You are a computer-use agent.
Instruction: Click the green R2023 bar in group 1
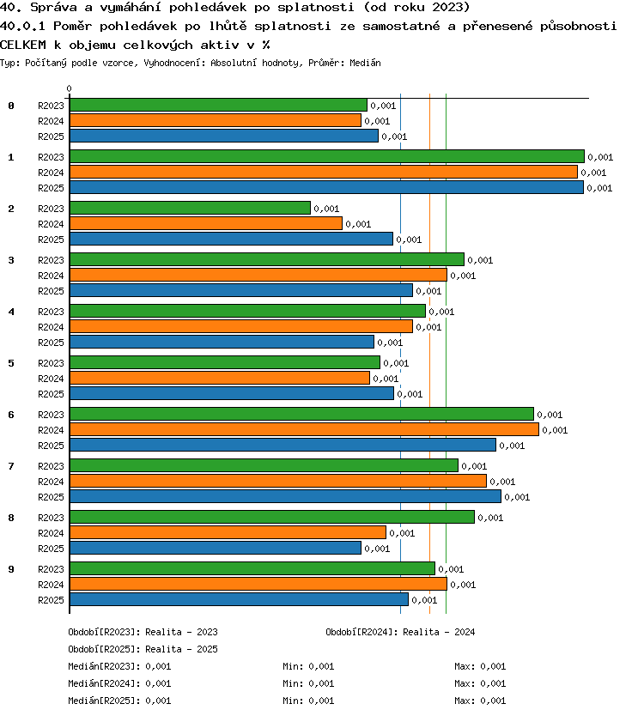point(327,156)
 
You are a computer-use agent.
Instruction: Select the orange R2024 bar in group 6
point(304,430)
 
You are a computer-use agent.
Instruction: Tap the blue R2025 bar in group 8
point(216,548)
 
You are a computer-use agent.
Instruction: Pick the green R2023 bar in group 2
point(190,209)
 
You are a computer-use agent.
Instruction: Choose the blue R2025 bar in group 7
point(285,496)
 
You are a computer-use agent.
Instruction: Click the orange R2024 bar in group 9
point(258,584)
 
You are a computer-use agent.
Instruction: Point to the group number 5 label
point(11,363)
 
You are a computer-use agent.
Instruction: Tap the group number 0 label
point(11,106)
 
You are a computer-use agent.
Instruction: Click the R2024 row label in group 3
point(51,276)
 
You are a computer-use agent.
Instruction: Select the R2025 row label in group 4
point(51,343)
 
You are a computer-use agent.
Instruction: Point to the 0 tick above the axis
point(69,88)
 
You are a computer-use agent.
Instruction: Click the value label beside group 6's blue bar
point(512,446)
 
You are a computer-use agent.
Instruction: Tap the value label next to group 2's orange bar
point(358,224)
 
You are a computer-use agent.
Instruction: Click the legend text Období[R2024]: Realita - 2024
point(400,632)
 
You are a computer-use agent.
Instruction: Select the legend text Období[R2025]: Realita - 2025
point(143,649)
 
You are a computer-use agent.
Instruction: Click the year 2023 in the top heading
point(448,8)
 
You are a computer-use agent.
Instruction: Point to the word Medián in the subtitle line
point(365,63)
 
